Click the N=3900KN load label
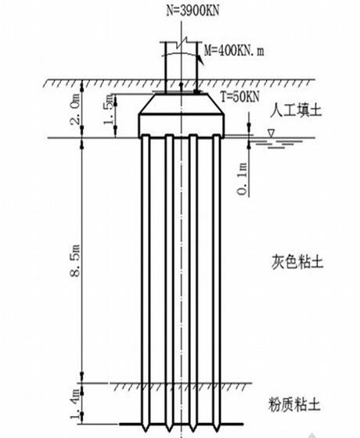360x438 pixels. click(193, 11)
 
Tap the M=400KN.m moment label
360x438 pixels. click(234, 51)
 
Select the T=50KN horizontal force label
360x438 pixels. click(240, 97)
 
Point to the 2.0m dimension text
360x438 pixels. click(75, 109)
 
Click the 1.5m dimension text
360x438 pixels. click(109, 109)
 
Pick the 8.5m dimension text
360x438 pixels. click(75, 260)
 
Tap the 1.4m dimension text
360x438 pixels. click(75, 404)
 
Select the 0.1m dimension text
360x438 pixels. click(243, 179)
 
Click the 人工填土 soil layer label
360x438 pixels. click(296, 110)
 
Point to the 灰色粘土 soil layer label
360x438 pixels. click(297, 262)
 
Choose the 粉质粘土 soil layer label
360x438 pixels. click(294, 404)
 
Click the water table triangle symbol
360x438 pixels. click(271, 133)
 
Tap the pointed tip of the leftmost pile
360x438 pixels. click(146, 430)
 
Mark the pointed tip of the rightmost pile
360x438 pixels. click(217, 430)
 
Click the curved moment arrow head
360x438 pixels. click(201, 60)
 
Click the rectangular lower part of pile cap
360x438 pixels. click(182, 125)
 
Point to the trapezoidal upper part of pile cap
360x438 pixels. click(182, 103)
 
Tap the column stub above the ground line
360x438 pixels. click(182, 67)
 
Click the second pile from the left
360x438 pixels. click(169, 282)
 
